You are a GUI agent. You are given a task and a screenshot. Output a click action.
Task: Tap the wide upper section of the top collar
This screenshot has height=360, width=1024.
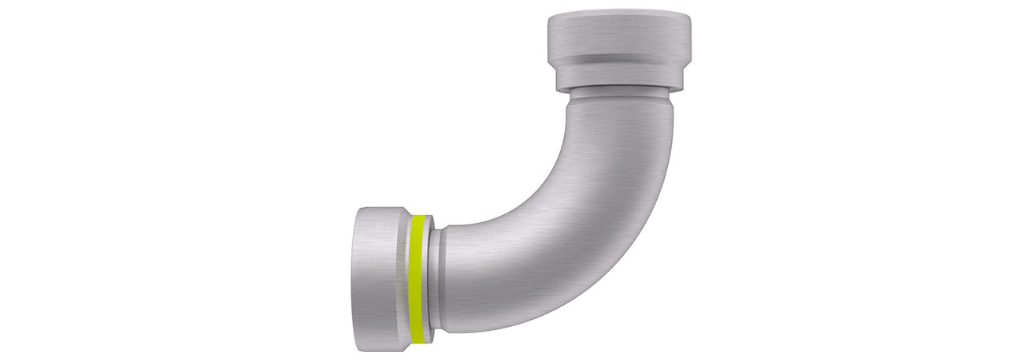[619, 35]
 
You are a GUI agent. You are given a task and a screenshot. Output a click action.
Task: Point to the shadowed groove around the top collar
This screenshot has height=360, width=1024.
[619, 59]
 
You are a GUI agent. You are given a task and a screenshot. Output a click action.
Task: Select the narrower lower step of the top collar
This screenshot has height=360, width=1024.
[619, 75]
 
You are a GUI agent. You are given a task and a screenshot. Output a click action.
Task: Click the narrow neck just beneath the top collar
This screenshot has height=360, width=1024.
[619, 96]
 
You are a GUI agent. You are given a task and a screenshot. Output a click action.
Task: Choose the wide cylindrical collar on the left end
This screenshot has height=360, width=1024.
[378, 280]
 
